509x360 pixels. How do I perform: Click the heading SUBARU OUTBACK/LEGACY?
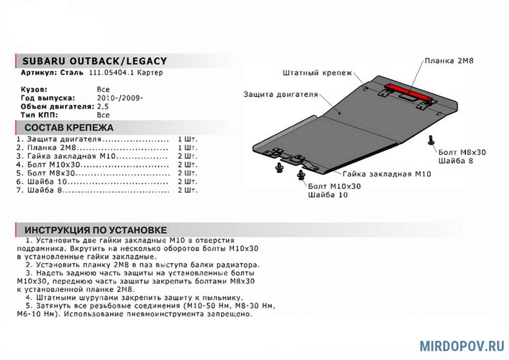point(94,61)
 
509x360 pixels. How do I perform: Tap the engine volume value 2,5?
point(103,107)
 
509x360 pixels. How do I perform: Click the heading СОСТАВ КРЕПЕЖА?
point(69,128)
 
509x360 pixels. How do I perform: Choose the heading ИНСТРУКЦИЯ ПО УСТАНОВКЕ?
point(95,230)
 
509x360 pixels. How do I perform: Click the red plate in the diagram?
point(408,92)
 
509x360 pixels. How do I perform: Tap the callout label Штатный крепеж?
point(318,73)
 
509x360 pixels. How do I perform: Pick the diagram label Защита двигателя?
point(280,94)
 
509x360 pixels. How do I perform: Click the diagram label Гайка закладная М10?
point(387,174)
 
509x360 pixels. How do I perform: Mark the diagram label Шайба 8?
point(456,161)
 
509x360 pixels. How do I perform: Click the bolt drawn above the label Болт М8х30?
point(431,141)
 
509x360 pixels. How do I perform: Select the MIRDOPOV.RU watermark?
point(462,346)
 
